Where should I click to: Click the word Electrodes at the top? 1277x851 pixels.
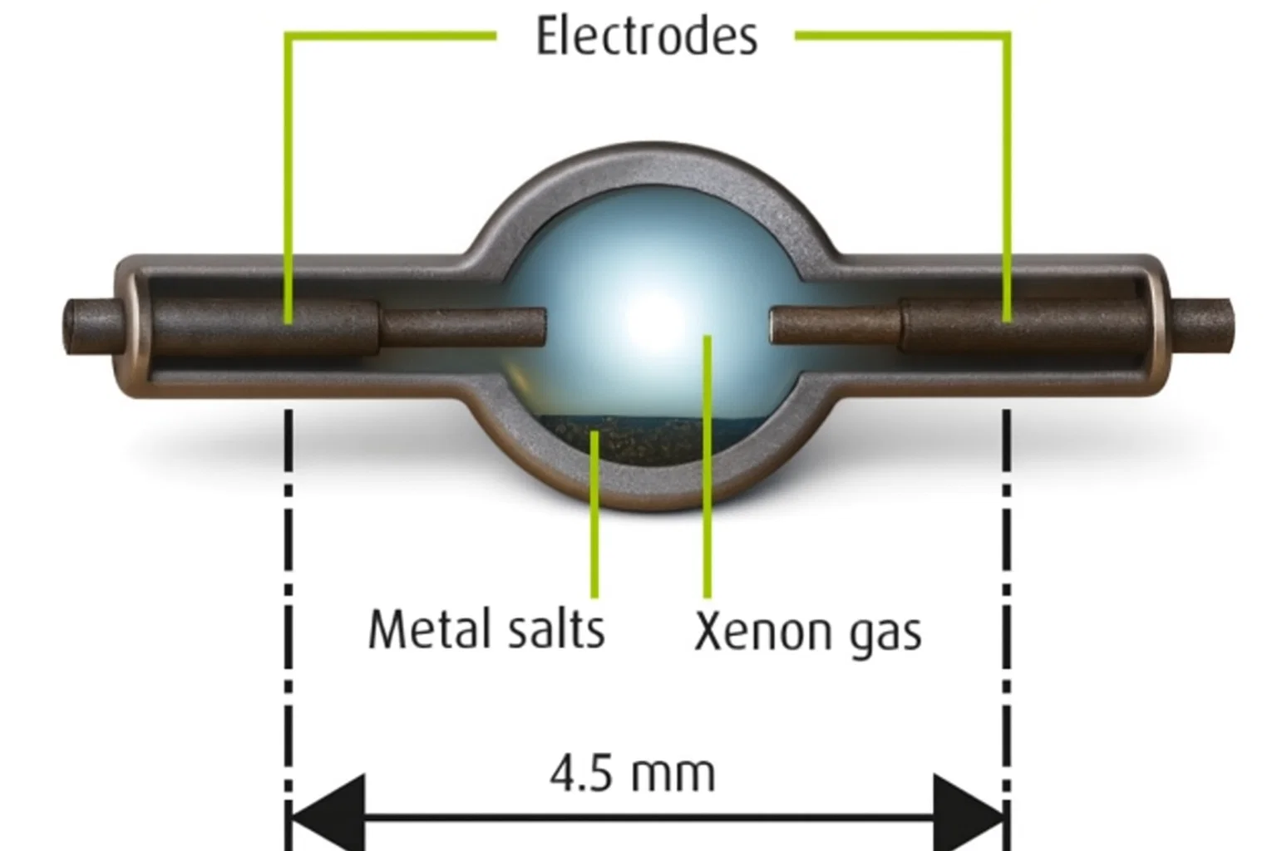646,37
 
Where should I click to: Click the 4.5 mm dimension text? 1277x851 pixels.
632,774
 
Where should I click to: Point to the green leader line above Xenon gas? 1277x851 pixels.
707,499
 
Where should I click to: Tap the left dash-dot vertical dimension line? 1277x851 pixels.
288,582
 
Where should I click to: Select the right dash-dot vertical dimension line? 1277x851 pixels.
1007,582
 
